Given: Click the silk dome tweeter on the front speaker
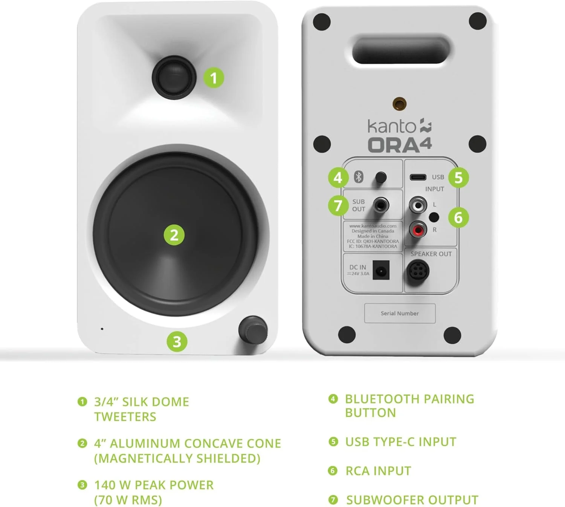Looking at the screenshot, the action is tap(174, 77).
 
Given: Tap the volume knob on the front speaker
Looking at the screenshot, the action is tap(253, 330).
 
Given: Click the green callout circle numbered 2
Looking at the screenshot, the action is tap(174, 235).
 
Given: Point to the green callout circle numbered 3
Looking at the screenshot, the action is tap(177, 342).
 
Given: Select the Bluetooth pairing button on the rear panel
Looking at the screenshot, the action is tap(381, 177).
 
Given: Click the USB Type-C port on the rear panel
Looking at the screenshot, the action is tap(418, 177).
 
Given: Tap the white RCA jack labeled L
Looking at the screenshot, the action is tap(418, 205).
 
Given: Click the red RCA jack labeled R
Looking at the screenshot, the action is tap(418, 230).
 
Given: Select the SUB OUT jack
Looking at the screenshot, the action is tap(381, 205).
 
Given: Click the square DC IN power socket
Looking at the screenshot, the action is tap(381, 270).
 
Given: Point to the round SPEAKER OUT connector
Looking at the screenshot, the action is tap(417, 271).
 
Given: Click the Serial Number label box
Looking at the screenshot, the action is tap(400, 313).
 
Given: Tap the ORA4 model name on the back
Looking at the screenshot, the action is tap(400, 144).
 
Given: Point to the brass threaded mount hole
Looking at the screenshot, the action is tap(399, 104).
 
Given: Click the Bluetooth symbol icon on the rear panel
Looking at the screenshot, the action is tap(359, 177).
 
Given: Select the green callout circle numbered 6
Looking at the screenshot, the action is tap(458, 218).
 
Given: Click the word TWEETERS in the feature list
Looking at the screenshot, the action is tap(125, 417).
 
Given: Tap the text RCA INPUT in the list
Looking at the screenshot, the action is tap(379, 471).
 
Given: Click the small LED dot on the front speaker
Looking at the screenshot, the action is tap(102, 329).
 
